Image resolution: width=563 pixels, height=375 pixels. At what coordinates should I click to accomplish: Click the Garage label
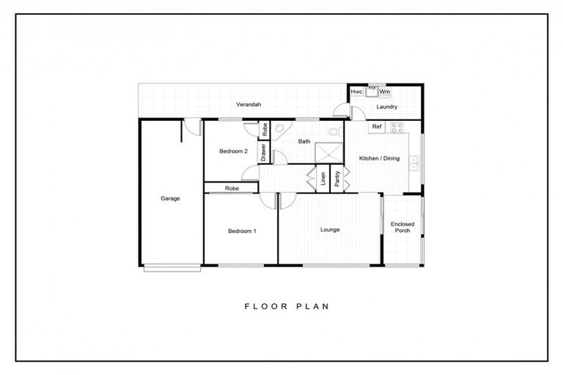(x=170, y=198)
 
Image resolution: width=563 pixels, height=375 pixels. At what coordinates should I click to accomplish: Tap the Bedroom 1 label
(x=241, y=231)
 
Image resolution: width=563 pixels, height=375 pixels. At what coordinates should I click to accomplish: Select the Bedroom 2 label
(x=233, y=152)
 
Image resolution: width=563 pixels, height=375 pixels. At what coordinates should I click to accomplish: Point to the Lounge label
(x=330, y=230)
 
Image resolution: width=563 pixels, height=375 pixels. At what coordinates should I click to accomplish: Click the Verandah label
(x=249, y=105)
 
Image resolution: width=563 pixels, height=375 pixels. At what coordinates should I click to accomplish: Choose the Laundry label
(x=386, y=107)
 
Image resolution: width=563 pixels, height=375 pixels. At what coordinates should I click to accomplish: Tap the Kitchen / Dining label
(x=378, y=158)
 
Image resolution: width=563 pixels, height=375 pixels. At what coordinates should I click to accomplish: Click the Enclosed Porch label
(x=402, y=227)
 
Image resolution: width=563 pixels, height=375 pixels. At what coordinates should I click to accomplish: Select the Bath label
(x=304, y=141)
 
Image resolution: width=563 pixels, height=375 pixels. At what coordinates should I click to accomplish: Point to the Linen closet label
(x=323, y=179)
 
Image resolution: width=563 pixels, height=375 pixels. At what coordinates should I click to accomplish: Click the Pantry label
(x=337, y=179)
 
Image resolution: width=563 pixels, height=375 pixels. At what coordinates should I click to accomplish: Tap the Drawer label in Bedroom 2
(x=263, y=152)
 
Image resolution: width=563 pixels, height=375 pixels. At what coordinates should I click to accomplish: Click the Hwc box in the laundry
(x=356, y=92)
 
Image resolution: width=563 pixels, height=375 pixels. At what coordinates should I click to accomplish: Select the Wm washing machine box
(x=385, y=92)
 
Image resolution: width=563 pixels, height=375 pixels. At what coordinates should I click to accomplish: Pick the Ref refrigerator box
(x=377, y=127)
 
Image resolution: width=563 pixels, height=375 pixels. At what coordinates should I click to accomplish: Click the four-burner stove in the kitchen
(x=397, y=127)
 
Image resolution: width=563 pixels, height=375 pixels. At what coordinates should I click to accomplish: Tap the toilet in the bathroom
(x=334, y=133)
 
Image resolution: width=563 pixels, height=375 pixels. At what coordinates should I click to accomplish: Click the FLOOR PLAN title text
(x=285, y=306)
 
